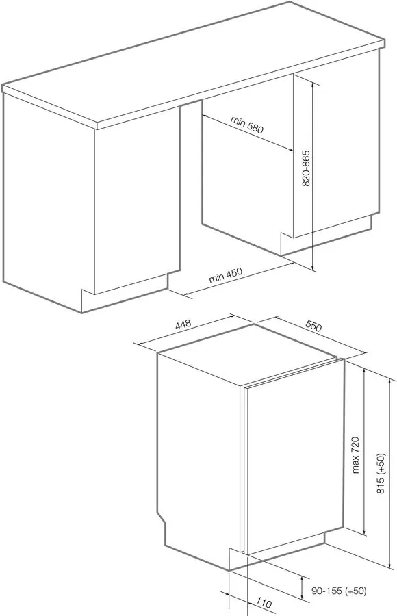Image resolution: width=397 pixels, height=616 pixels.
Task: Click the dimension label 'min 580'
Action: pos(247,125)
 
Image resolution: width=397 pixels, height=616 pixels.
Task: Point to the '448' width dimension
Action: pos(182,325)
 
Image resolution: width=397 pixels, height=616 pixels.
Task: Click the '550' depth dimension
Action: pos(313,327)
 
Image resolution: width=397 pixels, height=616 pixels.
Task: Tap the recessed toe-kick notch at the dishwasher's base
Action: pos(236,558)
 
